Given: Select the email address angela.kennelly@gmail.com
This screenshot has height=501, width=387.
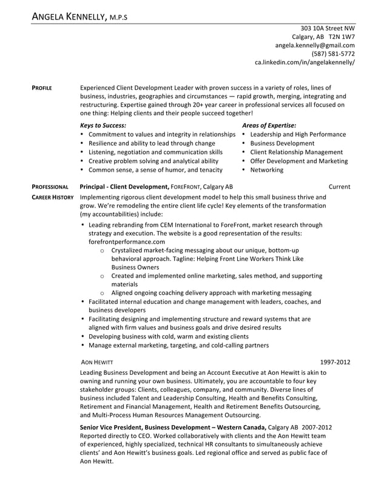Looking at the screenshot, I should [315, 45].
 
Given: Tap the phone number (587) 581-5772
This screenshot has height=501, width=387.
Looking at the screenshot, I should [333, 53].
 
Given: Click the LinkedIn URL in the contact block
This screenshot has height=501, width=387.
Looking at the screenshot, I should [305, 62].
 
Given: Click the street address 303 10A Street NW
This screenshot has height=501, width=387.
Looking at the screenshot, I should [328, 28].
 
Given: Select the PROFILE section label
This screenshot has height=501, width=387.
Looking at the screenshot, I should [41, 88].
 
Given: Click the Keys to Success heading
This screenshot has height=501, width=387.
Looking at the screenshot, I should [103, 125].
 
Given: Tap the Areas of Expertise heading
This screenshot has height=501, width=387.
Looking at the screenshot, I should [269, 125].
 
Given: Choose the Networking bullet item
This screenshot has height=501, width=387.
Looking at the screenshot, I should [266, 170].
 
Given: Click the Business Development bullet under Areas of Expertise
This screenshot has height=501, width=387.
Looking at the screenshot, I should [282, 143].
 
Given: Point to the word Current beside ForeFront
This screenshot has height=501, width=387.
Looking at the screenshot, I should [339, 187].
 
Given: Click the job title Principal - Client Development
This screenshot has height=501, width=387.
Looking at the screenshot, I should [124, 187].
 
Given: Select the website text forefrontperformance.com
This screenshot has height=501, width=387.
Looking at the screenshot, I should [126, 241].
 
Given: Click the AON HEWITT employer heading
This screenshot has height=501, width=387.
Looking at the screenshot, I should [96, 361].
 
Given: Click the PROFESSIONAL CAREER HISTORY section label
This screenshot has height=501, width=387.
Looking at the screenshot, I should [52, 192].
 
